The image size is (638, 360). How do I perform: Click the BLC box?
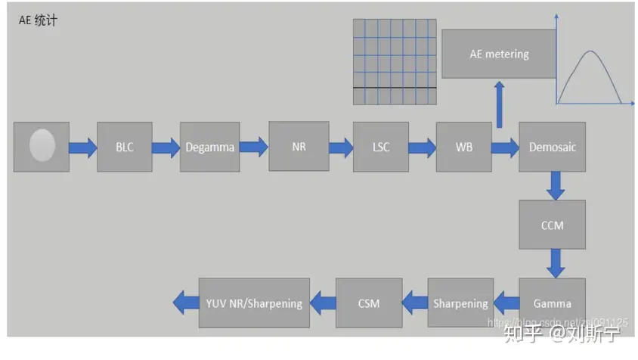[x=125, y=147]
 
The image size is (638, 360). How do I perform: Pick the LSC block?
[x=381, y=147]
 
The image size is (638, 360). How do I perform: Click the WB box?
[x=463, y=147]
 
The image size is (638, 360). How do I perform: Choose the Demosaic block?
[x=552, y=147]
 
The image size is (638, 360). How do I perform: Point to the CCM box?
[x=552, y=225]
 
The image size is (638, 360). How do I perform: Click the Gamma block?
[x=552, y=303]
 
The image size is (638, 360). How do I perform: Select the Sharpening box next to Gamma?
[x=460, y=303]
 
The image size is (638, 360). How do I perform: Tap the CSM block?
[x=369, y=303]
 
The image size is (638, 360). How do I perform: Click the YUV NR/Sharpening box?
[x=256, y=303]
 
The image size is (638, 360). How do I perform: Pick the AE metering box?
[x=499, y=54]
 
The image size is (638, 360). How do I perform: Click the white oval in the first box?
[x=42, y=145]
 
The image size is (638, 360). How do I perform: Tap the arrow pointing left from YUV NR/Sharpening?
[x=184, y=303]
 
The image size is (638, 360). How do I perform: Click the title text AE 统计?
[x=37, y=20]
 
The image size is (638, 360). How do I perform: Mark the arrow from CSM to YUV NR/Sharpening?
[x=324, y=303]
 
